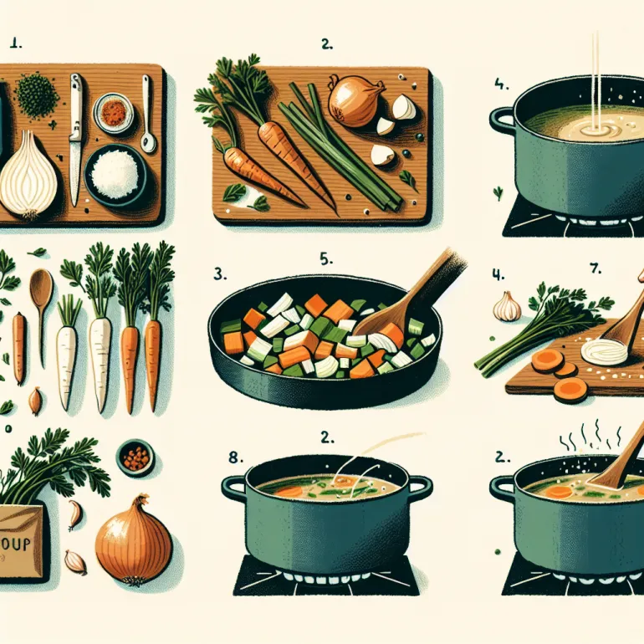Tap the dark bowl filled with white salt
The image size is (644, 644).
pyautogui.click(x=116, y=174)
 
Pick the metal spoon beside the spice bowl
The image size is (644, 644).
pyautogui.click(x=147, y=113)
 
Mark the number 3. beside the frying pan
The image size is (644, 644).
pyautogui.click(x=218, y=273)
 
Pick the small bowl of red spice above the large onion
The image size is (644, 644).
pyautogui.click(x=135, y=457)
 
